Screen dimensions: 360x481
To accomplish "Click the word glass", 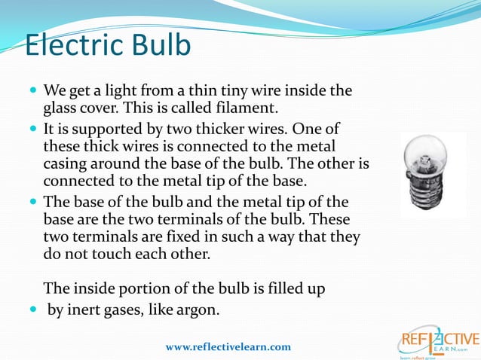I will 63,107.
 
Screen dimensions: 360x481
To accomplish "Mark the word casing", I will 66,163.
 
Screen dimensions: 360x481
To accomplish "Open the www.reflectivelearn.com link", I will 228,346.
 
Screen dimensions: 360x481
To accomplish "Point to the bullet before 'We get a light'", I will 32,90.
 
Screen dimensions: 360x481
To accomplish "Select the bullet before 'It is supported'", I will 32,127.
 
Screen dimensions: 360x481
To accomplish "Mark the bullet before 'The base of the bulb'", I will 32,200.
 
